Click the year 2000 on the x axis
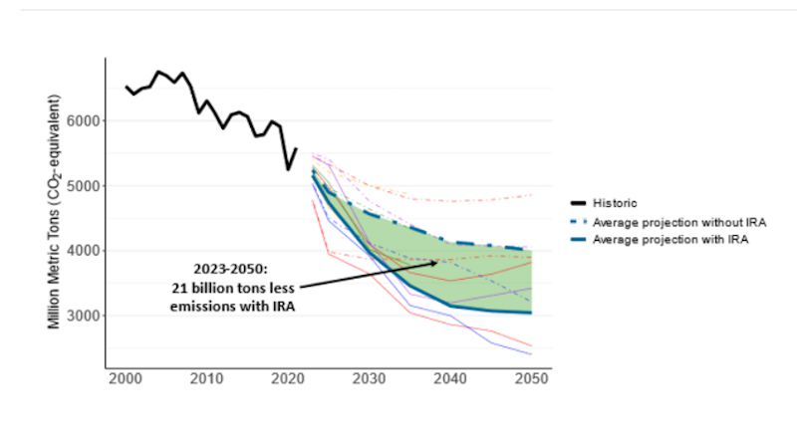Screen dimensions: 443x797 coord(126,379)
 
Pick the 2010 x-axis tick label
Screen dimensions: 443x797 coord(206,379)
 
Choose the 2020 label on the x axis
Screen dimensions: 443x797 coord(288,379)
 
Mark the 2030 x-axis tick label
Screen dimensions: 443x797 coord(369,379)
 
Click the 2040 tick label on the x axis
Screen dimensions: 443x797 coord(450,379)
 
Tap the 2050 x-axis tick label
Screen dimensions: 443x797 coord(531,379)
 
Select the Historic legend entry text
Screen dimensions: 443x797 coord(615,204)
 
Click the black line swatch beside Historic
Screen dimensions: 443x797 coord(577,204)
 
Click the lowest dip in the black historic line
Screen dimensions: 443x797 coord(288,169)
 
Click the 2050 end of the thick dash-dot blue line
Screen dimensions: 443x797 coord(531,250)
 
